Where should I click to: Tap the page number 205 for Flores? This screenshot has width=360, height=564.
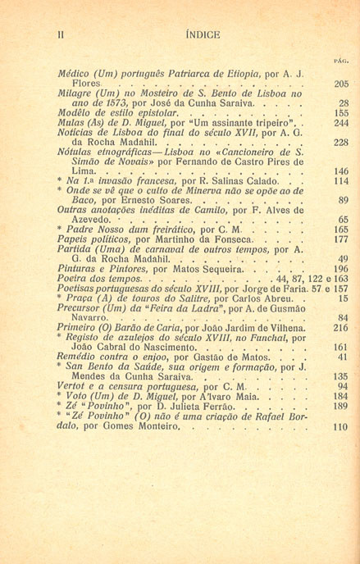341,84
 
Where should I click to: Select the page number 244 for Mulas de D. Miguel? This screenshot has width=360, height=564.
341,123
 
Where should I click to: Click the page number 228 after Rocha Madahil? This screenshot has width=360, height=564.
341,143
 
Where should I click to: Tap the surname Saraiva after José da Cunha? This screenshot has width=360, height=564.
260,103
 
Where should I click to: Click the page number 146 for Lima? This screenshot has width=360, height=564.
341,171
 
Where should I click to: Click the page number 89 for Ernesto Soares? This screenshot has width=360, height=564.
344,200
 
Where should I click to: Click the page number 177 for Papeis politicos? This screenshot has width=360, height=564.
341,239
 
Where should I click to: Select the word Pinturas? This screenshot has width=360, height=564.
77,269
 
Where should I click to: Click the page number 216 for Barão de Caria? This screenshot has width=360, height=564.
341,326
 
